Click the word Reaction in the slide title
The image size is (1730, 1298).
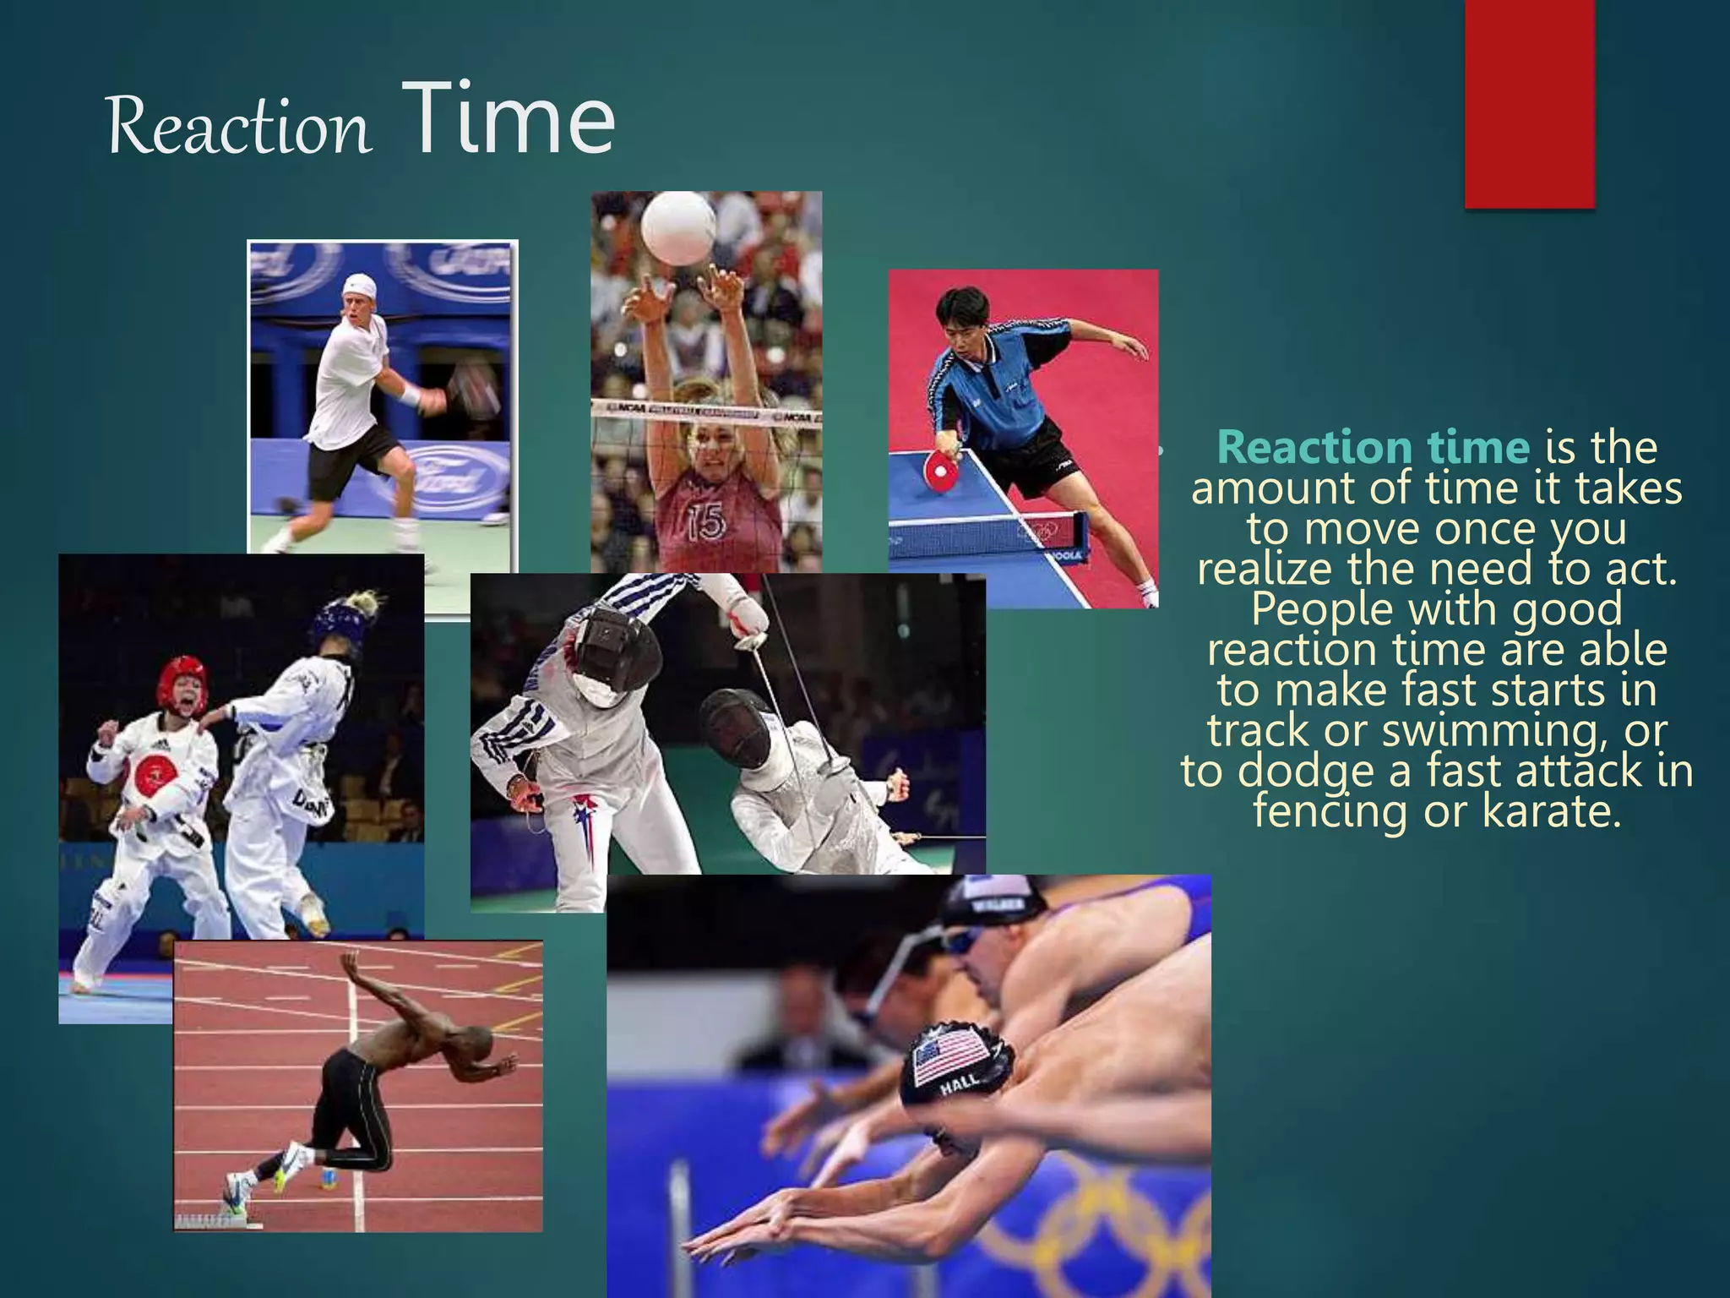click(238, 127)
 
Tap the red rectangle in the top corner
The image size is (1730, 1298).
click(1529, 103)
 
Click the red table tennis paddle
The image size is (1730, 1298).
click(939, 470)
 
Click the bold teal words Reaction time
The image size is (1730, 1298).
click(1374, 448)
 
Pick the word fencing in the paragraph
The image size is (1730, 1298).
click(1330, 811)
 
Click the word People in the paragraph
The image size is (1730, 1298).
click(1321, 608)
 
